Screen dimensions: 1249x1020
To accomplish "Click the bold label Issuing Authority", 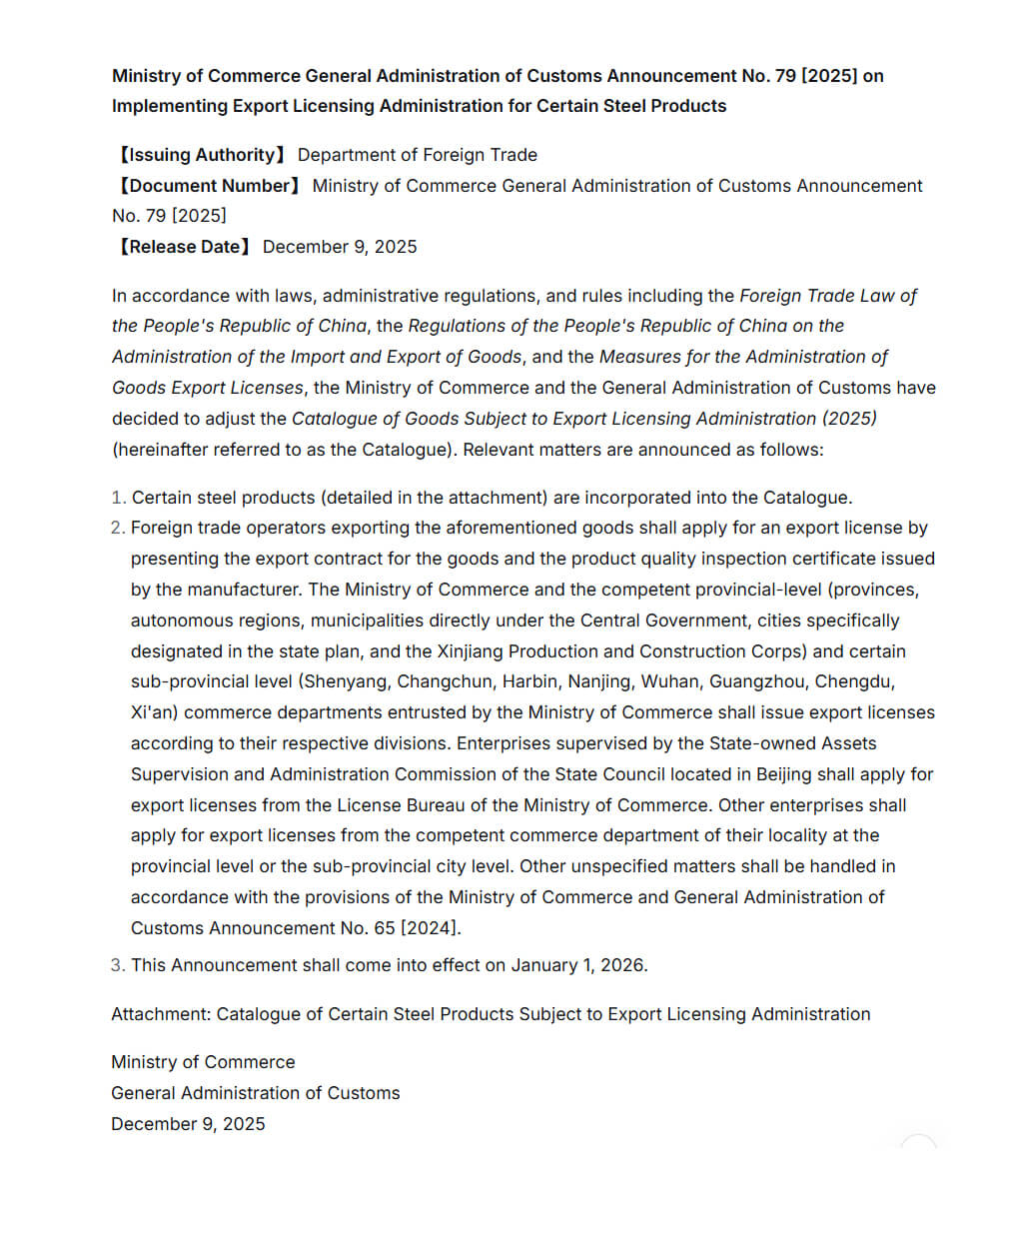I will (202, 155).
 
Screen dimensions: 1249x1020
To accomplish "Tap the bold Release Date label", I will (184, 247).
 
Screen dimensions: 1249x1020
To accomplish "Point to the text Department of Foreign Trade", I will (417, 155).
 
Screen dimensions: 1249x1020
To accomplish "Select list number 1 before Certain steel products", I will (118, 498).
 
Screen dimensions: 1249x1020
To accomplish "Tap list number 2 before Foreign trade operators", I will (118, 528).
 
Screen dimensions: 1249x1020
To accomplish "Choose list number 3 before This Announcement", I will (118, 965).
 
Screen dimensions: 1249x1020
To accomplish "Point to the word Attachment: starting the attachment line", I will (161, 1014).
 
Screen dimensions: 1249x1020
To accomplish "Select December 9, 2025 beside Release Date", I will (340, 247).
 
